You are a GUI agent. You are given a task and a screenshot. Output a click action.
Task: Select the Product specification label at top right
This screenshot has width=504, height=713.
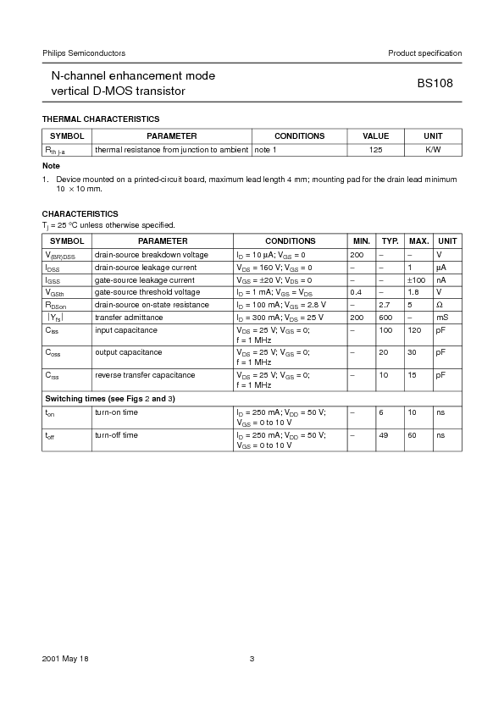(424, 53)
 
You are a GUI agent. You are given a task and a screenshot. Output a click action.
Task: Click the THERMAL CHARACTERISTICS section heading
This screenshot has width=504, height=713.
(101, 119)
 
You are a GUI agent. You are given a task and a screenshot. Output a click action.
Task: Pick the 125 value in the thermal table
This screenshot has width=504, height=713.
(376, 149)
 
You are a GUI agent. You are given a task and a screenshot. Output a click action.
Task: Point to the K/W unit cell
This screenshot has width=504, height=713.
(433, 149)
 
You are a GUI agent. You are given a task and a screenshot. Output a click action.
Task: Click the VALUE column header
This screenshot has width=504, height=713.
(376, 135)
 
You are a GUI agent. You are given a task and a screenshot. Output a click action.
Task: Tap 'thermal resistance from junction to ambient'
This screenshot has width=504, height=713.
(171, 149)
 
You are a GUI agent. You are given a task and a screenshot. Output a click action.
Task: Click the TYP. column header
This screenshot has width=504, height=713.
(390, 241)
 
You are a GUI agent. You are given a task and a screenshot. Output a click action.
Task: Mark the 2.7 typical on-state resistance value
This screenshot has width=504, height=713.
(385, 304)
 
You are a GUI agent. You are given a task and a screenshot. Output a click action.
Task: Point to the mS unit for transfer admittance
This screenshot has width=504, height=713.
(442, 317)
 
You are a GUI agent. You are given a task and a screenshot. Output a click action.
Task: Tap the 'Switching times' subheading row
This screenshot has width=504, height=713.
(109, 398)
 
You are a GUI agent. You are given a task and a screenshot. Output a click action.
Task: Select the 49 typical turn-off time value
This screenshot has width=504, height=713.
(384, 435)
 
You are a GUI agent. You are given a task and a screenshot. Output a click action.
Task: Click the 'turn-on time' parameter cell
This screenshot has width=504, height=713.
(116, 412)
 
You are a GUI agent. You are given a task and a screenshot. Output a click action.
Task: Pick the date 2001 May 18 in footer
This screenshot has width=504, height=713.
(64, 659)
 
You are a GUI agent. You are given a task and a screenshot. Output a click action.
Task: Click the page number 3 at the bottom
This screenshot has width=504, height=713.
(252, 659)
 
